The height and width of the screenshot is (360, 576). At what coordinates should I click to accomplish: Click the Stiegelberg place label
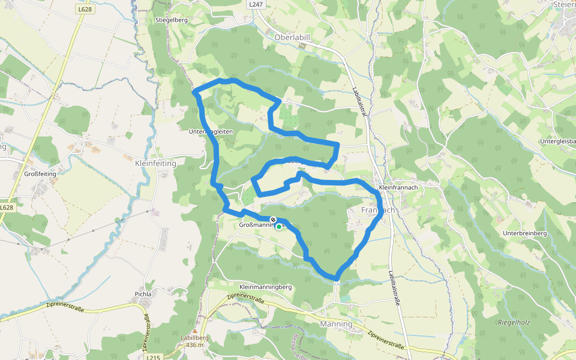172,20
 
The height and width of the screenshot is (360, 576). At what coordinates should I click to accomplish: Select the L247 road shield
256,4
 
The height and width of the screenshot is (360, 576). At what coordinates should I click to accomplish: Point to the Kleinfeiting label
155,163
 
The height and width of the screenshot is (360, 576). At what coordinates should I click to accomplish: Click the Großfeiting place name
40,174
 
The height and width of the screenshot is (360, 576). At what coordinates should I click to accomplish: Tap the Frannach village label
379,211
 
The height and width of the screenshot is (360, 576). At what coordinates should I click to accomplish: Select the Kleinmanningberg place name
265,287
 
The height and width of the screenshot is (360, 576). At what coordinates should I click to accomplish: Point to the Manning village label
336,324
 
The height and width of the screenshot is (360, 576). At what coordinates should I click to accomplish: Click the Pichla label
143,294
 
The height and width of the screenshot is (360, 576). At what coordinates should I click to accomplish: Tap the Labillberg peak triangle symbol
194,331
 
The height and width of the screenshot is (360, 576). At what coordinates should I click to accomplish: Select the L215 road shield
153,356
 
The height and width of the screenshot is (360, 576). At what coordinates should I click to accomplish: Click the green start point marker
279,227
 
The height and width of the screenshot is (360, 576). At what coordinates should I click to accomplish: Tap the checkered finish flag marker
273,220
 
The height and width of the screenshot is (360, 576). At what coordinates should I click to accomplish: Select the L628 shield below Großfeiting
6,208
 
